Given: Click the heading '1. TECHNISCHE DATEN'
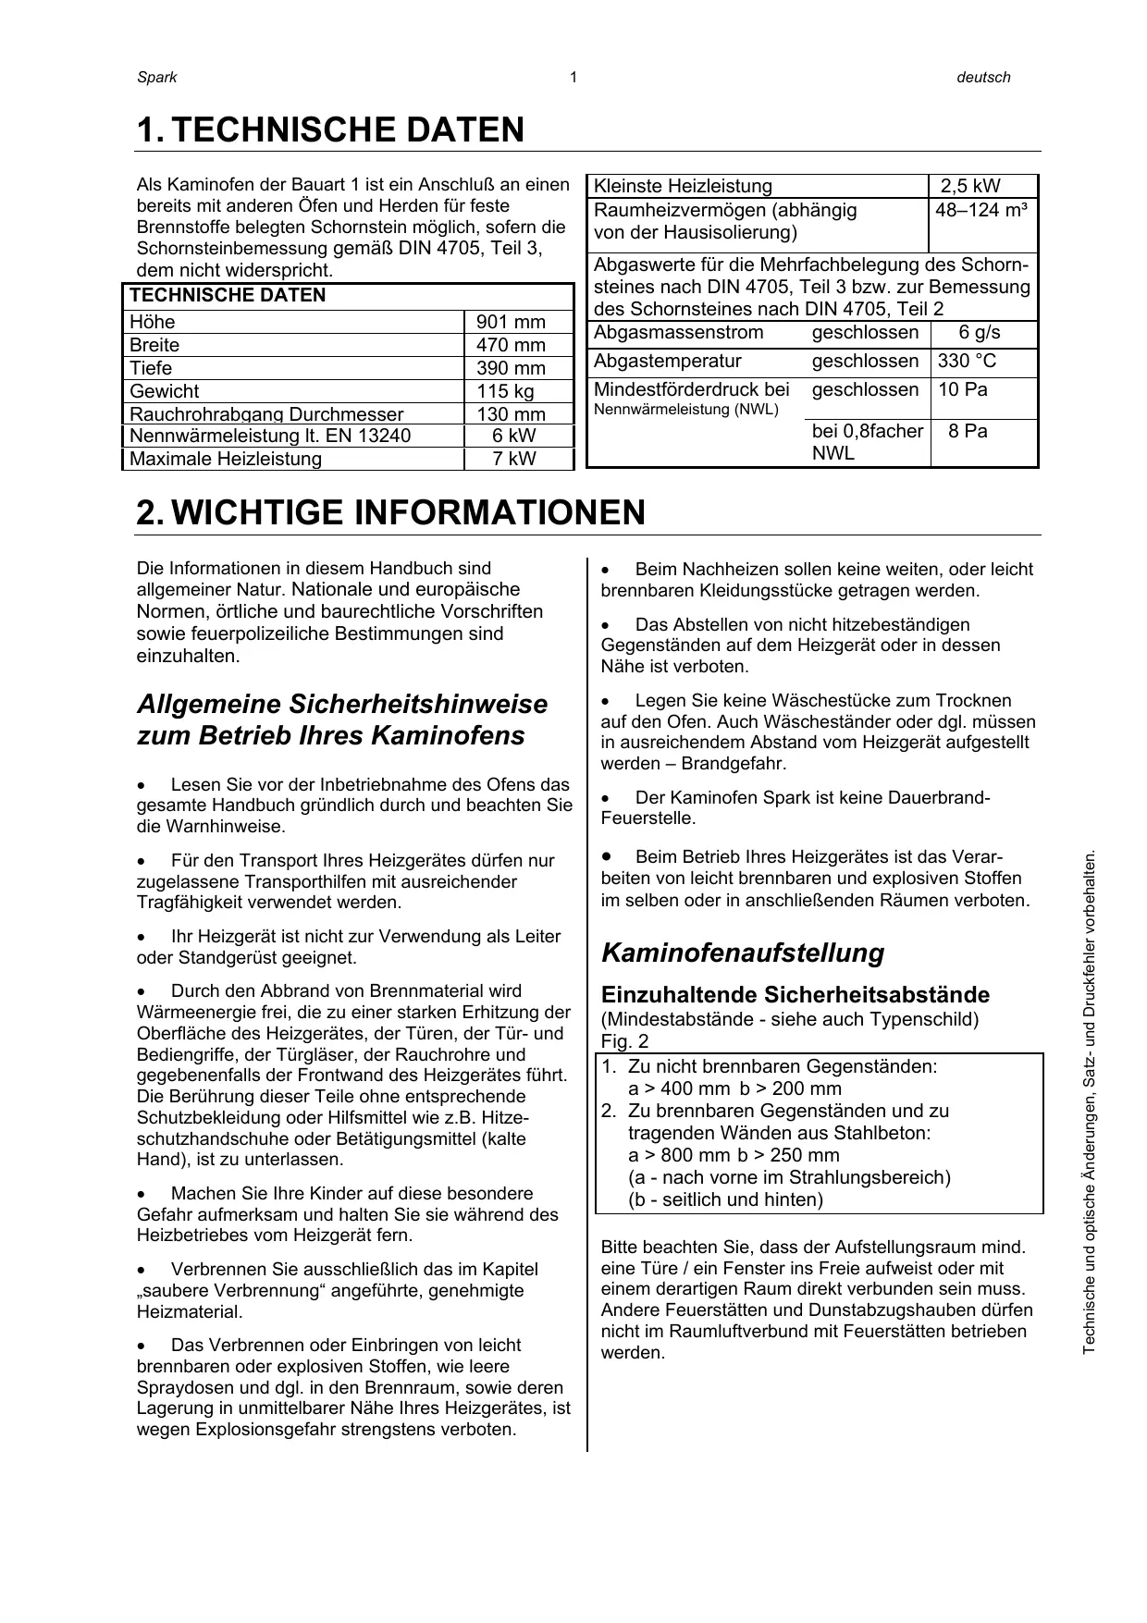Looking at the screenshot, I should tap(330, 130).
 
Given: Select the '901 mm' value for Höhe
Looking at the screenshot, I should tap(511, 322).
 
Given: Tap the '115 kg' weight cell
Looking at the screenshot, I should tap(505, 391).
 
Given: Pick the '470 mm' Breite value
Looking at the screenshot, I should tap(511, 345).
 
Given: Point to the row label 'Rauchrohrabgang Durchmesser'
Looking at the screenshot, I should tap(266, 414).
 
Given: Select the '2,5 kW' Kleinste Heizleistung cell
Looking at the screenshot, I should tap(970, 186).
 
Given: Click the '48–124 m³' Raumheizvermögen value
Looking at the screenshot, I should tap(980, 210).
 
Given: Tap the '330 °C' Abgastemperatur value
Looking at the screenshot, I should tap(968, 361).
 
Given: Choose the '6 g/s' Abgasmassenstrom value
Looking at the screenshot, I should tap(980, 333).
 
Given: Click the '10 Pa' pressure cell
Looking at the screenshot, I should tap(963, 389).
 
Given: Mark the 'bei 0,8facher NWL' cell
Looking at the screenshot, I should tap(867, 442).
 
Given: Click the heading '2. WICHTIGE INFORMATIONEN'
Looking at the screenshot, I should tap(390, 512).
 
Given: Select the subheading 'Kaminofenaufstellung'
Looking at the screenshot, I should tap(743, 953).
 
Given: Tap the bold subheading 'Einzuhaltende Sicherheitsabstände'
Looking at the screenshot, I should tap(795, 995).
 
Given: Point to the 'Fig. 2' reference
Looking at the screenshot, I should tap(624, 1040).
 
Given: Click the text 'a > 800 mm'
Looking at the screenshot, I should tap(679, 1155).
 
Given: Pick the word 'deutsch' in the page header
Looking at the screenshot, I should tap(983, 78).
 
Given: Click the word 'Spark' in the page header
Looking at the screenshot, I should tap(156, 78).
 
